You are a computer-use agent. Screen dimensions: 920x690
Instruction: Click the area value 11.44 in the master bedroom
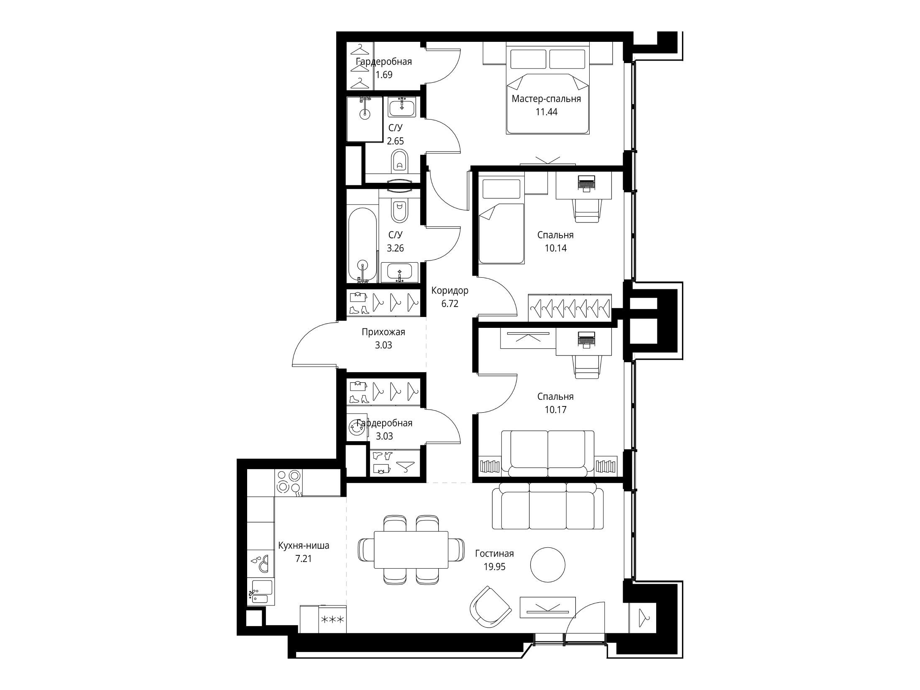tap(547, 112)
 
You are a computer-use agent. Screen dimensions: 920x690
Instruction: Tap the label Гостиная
tap(494, 554)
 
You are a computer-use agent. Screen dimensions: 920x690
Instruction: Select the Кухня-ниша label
tap(304, 545)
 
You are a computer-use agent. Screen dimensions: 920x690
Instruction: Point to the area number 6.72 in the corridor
tap(450, 304)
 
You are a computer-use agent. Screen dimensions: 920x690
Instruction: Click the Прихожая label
tap(383, 332)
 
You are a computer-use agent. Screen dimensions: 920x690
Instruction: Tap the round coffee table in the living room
tap(548, 565)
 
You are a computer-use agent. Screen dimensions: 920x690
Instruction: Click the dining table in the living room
tap(411, 550)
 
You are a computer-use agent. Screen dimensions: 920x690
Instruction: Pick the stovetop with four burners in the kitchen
tap(289, 483)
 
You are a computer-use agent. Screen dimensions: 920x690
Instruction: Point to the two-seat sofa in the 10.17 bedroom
tap(547, 453)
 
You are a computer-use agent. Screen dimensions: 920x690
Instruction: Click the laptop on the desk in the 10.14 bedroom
tap(586, 183)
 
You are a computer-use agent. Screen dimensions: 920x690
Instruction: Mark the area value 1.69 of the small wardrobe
tap(384, 75)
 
